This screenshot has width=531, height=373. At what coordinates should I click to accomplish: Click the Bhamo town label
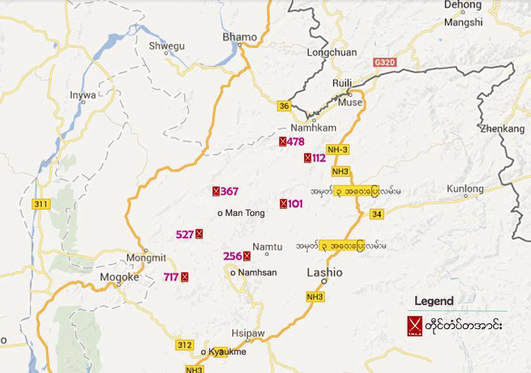click(x=240, y=37)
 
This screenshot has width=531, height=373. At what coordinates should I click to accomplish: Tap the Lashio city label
click(x=324, y=273)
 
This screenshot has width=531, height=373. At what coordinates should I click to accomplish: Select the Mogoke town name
click(x=119, y=277)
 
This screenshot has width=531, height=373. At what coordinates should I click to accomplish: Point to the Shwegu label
click(x=167, y=46)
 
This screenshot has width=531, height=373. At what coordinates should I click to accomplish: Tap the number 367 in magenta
click(x=230, y=192)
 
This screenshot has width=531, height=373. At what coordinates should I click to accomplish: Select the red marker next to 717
click(x=184, y=277)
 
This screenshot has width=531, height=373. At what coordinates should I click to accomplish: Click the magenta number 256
click(x=232, y=256)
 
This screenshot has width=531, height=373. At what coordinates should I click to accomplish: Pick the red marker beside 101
click(x=283, y=204)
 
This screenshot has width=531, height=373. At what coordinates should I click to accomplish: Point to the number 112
click(x=318, y=158)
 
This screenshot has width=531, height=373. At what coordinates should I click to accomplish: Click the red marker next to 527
click(x=199, y=234)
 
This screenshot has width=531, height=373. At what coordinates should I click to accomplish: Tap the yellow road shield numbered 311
click(x=41, y=204)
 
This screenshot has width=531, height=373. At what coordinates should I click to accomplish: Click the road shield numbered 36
click(x=283, y=106)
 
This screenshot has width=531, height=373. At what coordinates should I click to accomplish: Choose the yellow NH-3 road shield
click(x=337, y=150)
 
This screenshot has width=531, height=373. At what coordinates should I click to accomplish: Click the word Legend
click(x=434, y=302)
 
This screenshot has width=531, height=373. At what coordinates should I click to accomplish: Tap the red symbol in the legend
click(x=413, y=325)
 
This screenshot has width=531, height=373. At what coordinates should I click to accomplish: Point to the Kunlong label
click(x=465, y=189)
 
